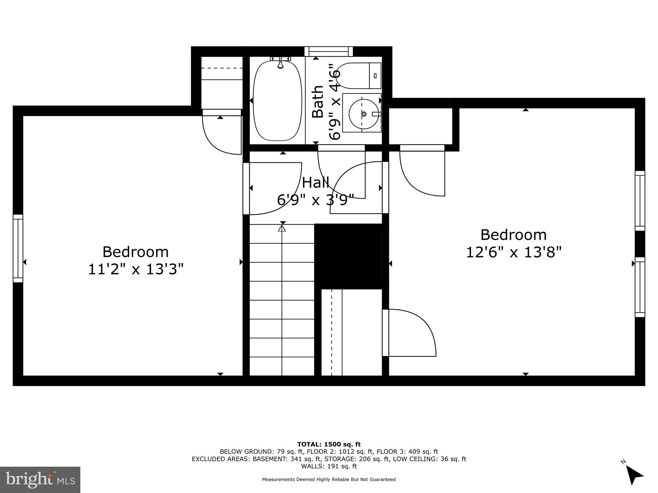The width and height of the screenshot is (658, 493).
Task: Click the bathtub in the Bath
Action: (278, 101)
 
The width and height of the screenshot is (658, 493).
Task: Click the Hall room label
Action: (316, 183)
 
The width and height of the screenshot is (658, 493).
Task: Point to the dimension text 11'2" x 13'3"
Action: (136, 269)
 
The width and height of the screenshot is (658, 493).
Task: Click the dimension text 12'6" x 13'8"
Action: (513, 252)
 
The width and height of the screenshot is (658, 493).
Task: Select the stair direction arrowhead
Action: (282, 228)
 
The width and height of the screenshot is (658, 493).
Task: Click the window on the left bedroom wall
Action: (18, 248)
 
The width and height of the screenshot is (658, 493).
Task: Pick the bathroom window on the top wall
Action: (328, 51)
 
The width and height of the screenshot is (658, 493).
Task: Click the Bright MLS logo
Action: (40, 480)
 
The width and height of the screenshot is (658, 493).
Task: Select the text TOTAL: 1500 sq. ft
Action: (329, 444)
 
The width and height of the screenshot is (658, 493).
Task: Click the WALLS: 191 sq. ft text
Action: (329, 466)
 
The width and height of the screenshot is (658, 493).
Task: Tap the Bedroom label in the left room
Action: (136, 252)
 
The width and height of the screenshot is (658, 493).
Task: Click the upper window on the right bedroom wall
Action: (640, 201)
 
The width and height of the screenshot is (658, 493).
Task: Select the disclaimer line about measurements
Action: (329, 480)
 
